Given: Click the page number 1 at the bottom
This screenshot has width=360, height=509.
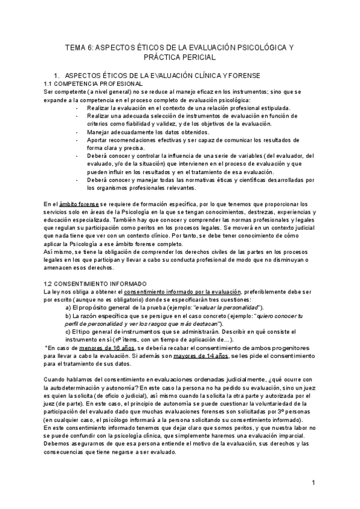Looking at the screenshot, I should (x=313, y=483).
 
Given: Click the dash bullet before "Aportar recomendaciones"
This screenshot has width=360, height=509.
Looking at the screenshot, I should (x=78, y=139).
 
